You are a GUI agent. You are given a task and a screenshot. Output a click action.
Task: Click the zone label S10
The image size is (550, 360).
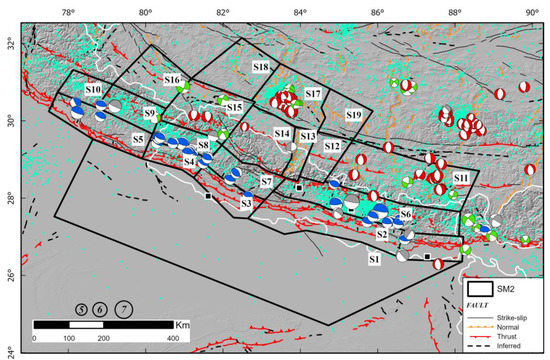94,90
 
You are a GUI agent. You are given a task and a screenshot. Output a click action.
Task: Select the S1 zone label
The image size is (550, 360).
373,259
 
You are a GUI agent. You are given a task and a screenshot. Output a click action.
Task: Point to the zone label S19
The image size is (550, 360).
354,116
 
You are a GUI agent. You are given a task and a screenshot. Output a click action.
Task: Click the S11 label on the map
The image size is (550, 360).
461,177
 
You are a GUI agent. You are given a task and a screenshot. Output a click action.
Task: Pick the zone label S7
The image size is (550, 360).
266,182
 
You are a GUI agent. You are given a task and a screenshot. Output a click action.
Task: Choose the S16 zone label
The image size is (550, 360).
172,79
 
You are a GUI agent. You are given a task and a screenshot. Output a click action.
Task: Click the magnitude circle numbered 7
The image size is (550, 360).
124,309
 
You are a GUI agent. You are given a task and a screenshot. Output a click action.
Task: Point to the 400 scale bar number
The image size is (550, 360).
170,339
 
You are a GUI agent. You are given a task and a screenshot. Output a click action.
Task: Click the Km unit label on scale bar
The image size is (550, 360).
183,325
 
